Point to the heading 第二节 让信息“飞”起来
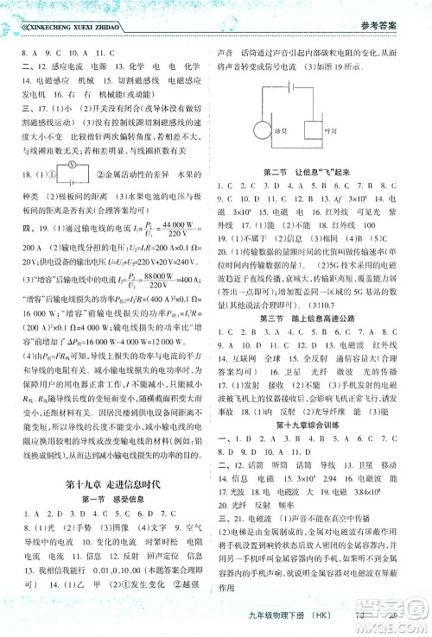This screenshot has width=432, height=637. [x=321, y=172]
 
